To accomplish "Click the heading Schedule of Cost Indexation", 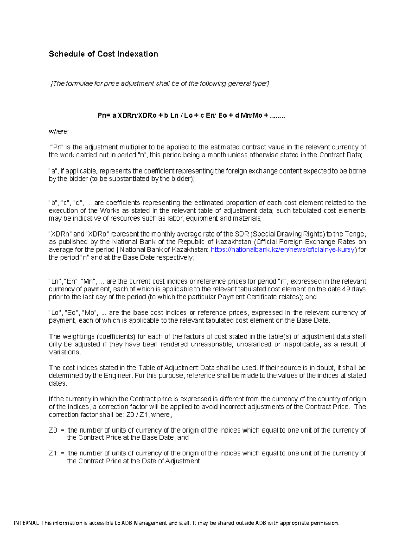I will (x=103, y=54).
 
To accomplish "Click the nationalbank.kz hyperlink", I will (x=283, y=250).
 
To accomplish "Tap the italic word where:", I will (x=59, y=131).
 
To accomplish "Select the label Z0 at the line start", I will (x=53, y=430).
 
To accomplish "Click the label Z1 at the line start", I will (x=53, y=453).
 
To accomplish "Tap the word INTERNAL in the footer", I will (x=26, y=523).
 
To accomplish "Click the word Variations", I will (x=64, y=352).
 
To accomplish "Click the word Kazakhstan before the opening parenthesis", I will (x=233, y=242).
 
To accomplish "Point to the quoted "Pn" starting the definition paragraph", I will (x=56, y=147).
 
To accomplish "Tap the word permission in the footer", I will (x=323, y=523).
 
